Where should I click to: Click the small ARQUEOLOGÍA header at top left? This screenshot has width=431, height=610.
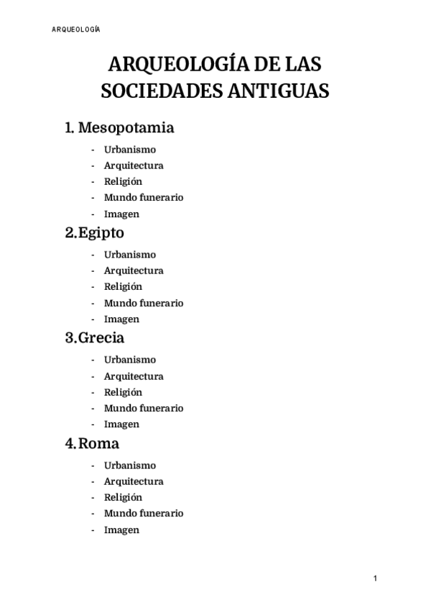75,29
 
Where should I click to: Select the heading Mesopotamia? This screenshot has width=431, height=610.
126,128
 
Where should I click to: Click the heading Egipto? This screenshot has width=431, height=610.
101,233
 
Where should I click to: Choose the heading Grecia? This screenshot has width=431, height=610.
101,338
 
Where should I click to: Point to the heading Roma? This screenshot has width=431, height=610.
98,443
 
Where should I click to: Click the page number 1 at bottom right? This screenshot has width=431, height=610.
375,579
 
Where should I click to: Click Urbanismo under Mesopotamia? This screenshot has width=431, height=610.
130,150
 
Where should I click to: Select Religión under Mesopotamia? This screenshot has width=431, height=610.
123,181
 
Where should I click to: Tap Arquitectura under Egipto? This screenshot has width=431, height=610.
134,270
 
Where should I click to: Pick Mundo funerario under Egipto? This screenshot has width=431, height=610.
144,303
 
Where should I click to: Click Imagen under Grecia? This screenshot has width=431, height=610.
121,424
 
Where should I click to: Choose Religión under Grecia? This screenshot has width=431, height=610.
123,392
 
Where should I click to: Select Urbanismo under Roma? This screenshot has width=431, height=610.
130,465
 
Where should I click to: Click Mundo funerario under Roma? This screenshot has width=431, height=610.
144,513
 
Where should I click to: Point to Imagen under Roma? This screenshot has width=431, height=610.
121,529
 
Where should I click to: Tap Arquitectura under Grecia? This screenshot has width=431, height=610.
134,376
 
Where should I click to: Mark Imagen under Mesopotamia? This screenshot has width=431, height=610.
121,214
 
